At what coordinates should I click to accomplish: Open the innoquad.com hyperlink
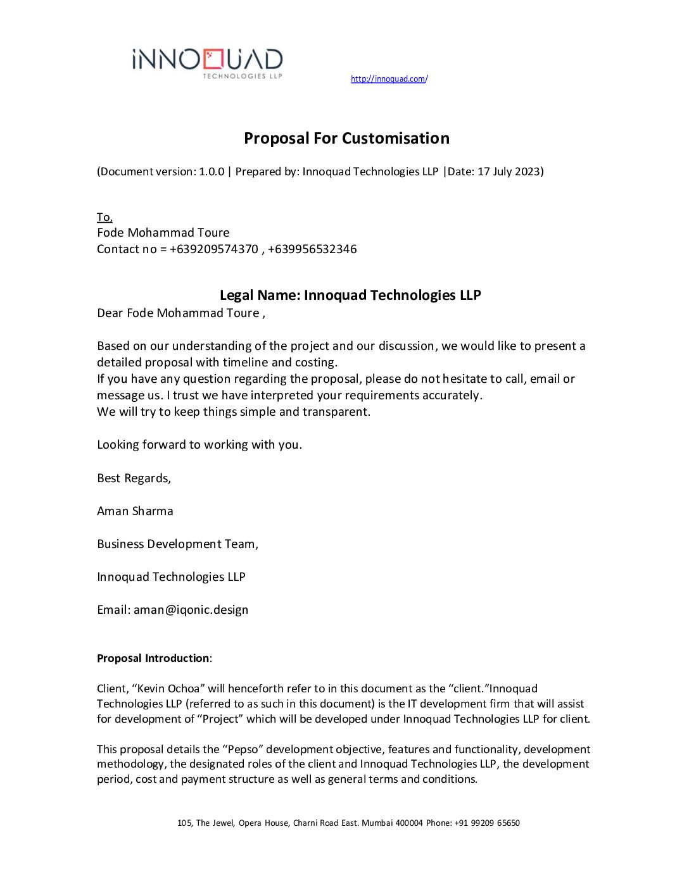(x=389, y=79)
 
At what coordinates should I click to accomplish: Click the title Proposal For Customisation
(x=346, y=138)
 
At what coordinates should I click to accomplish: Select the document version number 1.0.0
(x=212, y=171)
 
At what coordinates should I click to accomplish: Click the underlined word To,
(x=104, y=217)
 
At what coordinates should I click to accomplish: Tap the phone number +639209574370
(x=214, y=249)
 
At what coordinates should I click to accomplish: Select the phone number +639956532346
(x=312, y=249)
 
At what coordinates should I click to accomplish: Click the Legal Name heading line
(x=350, y=295)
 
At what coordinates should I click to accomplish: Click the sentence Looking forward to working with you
(x=199, y=445)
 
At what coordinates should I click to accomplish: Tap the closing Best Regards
(x=134, y=478)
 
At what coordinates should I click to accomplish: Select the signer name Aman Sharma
(x=135, y=511)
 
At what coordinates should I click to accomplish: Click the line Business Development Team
(x=177, y=544)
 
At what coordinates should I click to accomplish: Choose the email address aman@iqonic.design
(x=191, y=610)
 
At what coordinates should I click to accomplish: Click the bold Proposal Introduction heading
(x=153, y=658)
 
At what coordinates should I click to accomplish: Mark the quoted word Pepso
(x=243, y=749)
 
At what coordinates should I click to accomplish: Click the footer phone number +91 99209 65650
(x=487, y=823)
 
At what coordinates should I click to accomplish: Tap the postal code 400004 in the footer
(x=409, y=823)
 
